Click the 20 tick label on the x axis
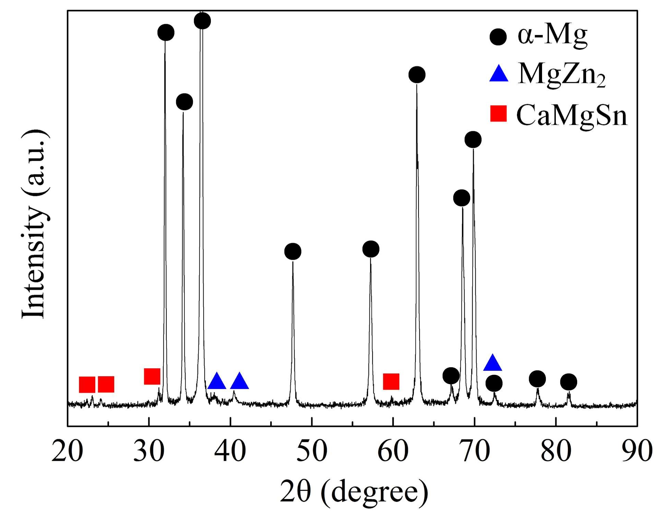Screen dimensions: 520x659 coord(67,451)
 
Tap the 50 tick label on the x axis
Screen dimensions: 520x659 coord(312,451)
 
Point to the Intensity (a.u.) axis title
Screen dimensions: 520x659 coord(34,224)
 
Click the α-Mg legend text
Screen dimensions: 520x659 coord(552,36)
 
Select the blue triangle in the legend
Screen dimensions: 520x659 coord(498,74)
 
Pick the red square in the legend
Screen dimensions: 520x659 coord(498,114)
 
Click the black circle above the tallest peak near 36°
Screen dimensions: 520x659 coord(202,21)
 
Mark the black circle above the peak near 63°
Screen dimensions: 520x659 coord(417,75)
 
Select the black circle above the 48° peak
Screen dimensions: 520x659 coord(293,251)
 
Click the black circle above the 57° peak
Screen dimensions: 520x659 coord(371,249)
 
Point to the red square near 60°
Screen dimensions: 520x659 coord(391,381)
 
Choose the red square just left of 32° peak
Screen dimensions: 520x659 coord(152,376)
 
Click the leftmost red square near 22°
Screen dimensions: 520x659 coord(87,384)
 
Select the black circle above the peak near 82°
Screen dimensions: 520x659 coord(569,382)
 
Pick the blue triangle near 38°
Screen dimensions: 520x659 coord(217,381)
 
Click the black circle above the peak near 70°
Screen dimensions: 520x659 coord(473,140)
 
